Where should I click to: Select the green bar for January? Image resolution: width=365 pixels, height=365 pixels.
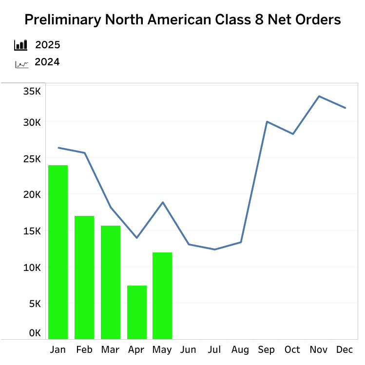[58, 252]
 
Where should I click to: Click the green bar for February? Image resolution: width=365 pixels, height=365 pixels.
[84, 277]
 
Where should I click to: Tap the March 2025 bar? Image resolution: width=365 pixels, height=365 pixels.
[111, 282]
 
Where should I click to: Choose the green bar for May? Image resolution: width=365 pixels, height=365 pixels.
[162, 295]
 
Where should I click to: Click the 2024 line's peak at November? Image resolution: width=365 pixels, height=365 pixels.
[319, 96]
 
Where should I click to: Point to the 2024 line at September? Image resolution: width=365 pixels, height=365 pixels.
[267, 122]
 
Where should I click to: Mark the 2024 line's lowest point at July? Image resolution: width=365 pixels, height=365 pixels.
[215, 250]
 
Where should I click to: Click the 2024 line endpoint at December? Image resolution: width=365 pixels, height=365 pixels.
[345, 108]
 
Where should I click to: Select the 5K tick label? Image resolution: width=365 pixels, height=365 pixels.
[35, 304]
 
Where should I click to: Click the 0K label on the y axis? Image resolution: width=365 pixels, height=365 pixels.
[35, 333]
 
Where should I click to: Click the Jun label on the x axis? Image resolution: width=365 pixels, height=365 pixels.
[188, 350]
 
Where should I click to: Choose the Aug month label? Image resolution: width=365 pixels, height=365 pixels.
[240, 350]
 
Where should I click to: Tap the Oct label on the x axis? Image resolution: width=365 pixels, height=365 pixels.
[292, 350]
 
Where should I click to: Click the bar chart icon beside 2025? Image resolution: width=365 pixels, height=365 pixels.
[21, 45]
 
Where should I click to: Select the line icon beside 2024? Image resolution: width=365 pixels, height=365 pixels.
[21, 63]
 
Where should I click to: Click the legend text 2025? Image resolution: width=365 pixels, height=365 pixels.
[48, 45]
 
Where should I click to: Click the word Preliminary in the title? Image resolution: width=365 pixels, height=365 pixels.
[61, 20]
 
